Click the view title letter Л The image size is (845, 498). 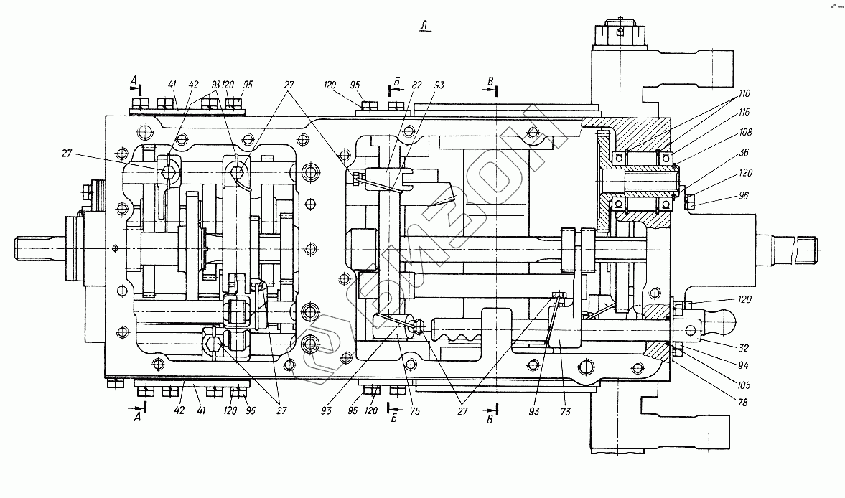click(426, 27)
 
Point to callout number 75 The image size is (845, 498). click(415, 412)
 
